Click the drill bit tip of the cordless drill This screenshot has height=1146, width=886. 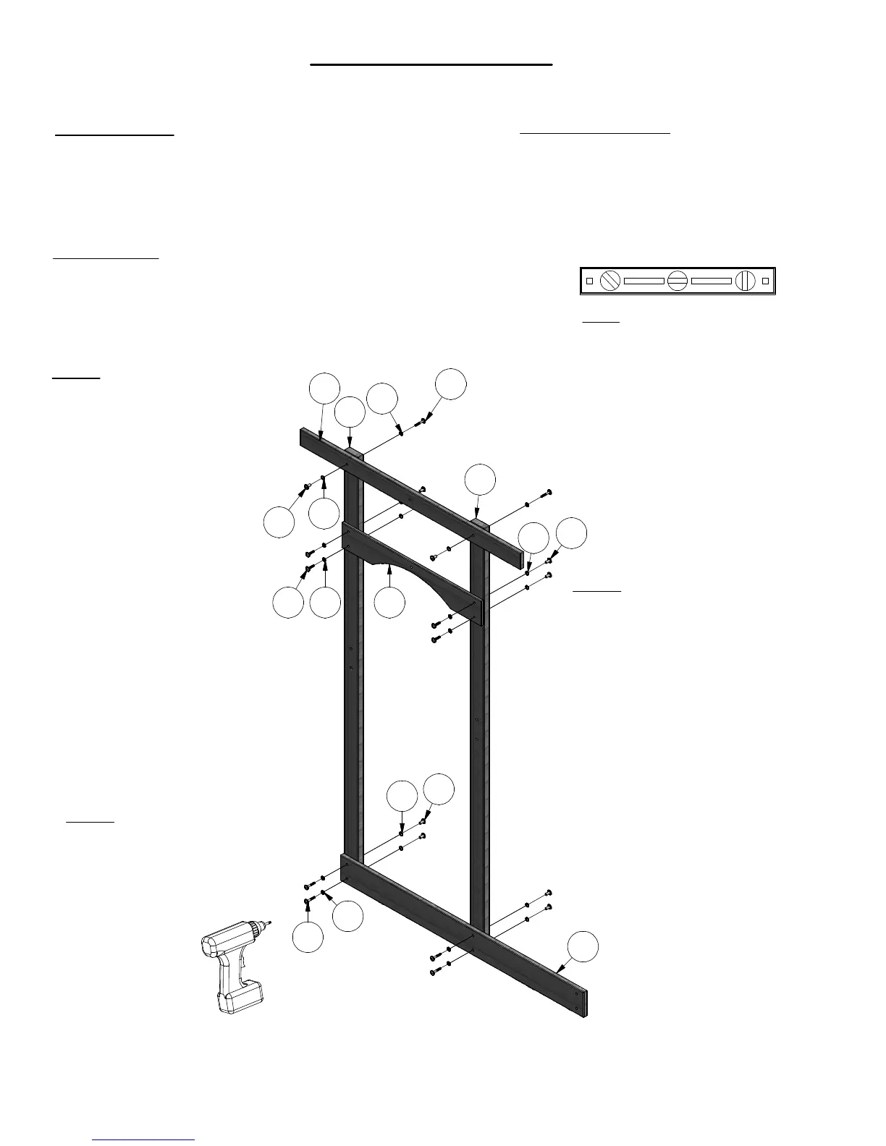coord(269,922)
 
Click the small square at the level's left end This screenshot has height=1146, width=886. coord(589,281)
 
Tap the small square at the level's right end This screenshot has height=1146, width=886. coord(765,281)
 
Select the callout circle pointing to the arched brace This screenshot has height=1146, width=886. coord(390,603)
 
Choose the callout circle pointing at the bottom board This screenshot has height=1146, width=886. coord(583,948)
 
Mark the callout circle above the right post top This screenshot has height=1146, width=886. coord(481,480)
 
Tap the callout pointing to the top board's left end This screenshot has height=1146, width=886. coord(324,389)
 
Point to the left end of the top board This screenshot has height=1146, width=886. coord(305,438)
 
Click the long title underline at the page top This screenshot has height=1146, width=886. coord(431,65)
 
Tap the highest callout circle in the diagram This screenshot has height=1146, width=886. coord(450,384)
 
